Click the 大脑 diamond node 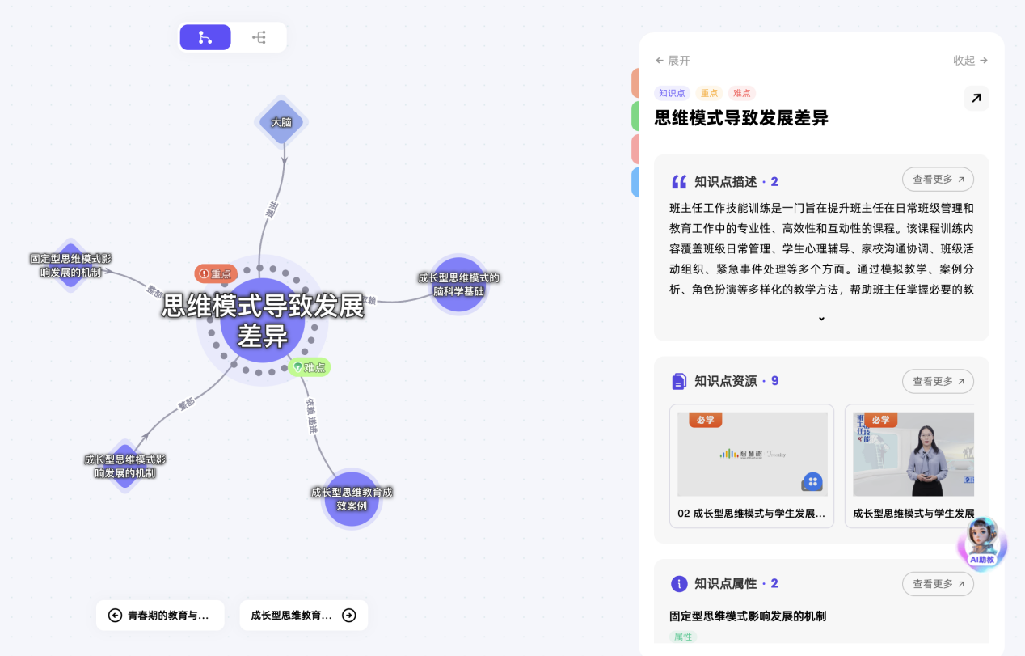pos(281,122)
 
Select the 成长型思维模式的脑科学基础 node pos(458,284)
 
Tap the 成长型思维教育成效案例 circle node pos(352,499)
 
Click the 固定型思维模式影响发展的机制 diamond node pos(71,265)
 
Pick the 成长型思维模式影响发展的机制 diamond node pos(124,466)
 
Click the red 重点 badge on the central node pos(216,273)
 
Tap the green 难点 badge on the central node pos(310,367)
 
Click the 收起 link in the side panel pos(970,61)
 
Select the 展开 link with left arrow pos(673,61)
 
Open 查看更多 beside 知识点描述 pos(938,180)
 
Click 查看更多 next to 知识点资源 pos(938,381)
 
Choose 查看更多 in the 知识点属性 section pos(938,584)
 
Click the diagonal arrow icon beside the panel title pos(976,99)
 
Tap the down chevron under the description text pos(821,319)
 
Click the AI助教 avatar pos(983,543)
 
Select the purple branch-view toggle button pos(205,37)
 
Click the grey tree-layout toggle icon pos(259,37)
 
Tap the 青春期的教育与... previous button pos(160,616)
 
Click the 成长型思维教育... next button pos(303,616)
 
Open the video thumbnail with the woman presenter pos(913,454)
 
